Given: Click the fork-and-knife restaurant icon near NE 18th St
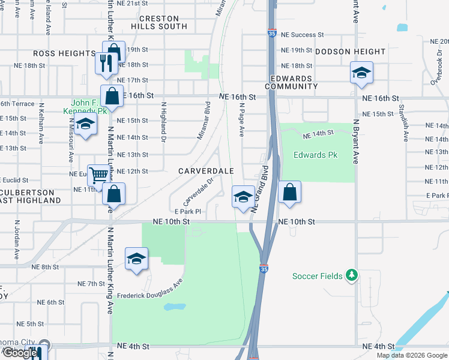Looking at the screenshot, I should pos(105,63).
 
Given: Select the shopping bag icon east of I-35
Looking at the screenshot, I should pos(289,193).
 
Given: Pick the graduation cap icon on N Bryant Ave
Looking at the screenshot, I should pos(361,73).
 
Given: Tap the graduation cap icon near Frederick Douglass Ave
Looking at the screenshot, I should pos(136,259).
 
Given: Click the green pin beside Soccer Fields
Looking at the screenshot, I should pos(352,276).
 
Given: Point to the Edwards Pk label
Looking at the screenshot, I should pos(315,155).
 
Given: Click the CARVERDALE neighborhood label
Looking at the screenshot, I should pos(206,171).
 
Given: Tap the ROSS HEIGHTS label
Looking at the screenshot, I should pos(64,53).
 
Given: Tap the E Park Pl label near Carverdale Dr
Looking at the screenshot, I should pos(187,211).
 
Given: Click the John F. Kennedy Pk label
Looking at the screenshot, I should pos(86,107).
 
